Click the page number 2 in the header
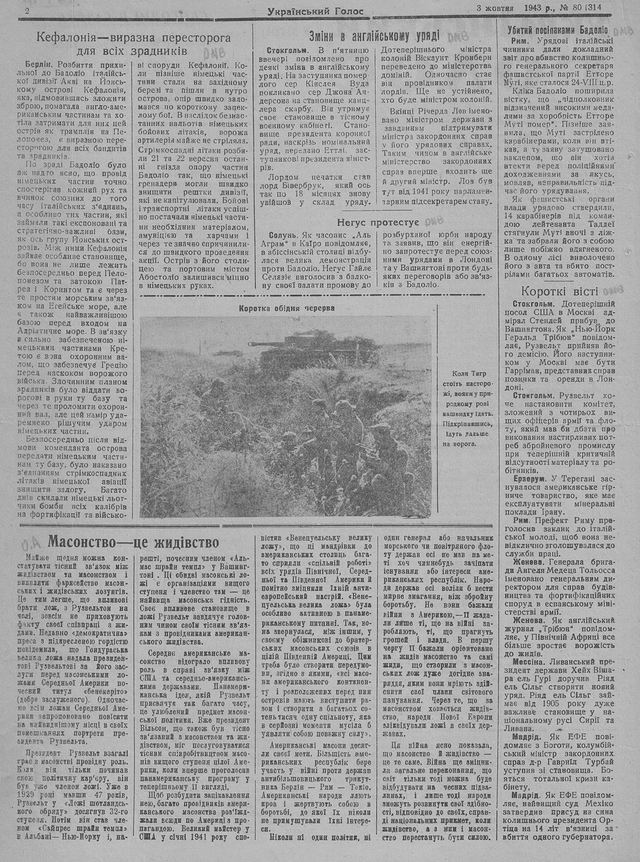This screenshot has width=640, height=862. pyautogui.click(x=28, y=11)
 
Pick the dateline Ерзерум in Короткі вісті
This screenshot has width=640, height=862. pyautogui.click(x=531, y=477)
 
